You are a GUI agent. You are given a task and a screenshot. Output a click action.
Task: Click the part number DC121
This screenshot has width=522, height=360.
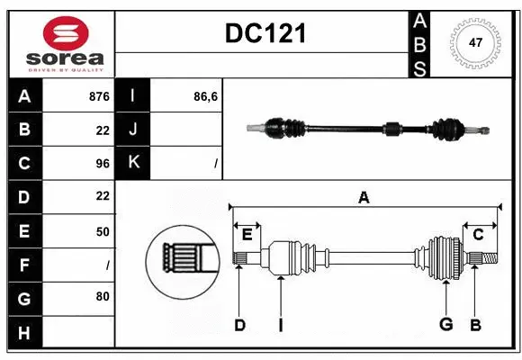click(x=265, y=33)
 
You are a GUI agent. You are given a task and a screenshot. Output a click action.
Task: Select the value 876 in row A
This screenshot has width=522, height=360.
click(x=99, y=96)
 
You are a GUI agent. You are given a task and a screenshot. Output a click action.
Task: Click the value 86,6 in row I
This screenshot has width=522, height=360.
click(x=206, y=96)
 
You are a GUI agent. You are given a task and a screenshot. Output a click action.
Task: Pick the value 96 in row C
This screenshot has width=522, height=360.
click(x=102, y=164)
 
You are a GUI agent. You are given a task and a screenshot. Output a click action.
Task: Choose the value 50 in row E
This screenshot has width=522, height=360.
click(x=102, y=231)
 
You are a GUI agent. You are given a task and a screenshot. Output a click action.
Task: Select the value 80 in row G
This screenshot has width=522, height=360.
click(x=102, y=296)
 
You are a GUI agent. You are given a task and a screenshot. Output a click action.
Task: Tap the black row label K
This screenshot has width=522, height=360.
click(x=133, y=163)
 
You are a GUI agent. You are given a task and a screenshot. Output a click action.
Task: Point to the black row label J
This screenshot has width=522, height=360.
click(x=133, y=130)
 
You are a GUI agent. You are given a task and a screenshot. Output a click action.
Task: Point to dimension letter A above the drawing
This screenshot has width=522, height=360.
click(x=364, y=197)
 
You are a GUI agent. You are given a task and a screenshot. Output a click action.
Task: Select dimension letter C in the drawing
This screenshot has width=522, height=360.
click(x=478, y=235)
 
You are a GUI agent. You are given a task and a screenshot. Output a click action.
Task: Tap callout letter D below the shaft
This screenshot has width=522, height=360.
click(x=239, y=325)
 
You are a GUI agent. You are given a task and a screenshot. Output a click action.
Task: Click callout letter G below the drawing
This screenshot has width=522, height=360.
click(x=445, y=325)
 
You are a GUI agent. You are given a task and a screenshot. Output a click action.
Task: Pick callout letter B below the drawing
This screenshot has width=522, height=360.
click(x=475, y=325)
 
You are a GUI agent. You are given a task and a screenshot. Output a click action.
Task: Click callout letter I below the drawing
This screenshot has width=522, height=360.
click(x=281, y=325)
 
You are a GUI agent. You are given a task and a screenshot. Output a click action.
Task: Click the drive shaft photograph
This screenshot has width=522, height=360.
click(x=369, y=129)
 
